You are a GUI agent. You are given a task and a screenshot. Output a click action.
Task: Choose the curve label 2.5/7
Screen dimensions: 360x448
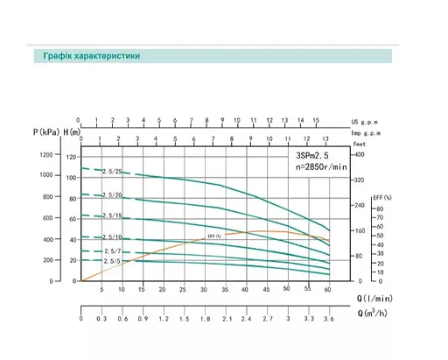coord(111,251)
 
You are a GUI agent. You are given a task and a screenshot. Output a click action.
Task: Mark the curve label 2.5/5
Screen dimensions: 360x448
coord(111,261)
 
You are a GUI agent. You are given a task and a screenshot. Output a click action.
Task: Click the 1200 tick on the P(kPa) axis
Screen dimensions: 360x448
coord(45,155)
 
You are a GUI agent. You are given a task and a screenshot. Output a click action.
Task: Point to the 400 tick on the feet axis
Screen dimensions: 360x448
coord(359,155)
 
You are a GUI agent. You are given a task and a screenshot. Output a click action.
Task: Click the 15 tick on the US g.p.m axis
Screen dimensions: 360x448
coord(317,116)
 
